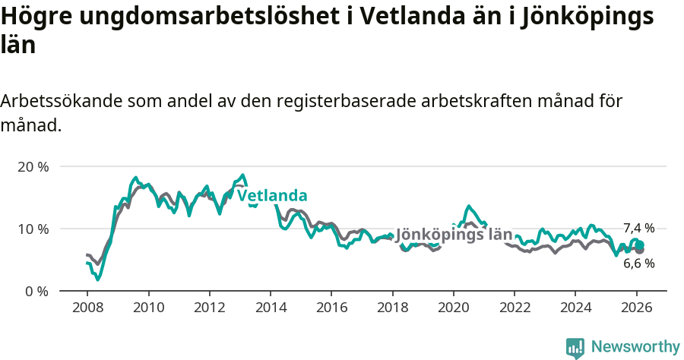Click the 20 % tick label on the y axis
33,166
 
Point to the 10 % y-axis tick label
33,229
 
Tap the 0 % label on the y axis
36,291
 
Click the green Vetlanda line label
272,196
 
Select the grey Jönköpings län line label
454,235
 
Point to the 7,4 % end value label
638,228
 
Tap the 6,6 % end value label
638,264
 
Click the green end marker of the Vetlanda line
640,245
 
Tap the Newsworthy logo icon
575,348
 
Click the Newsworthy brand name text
635,347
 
